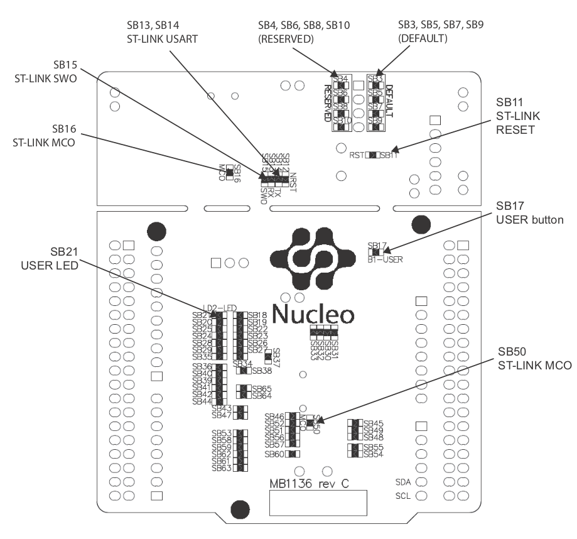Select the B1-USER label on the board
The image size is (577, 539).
(385, 258)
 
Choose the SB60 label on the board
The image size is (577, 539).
(274, 454)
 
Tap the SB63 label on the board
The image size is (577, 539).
(222, 468)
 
